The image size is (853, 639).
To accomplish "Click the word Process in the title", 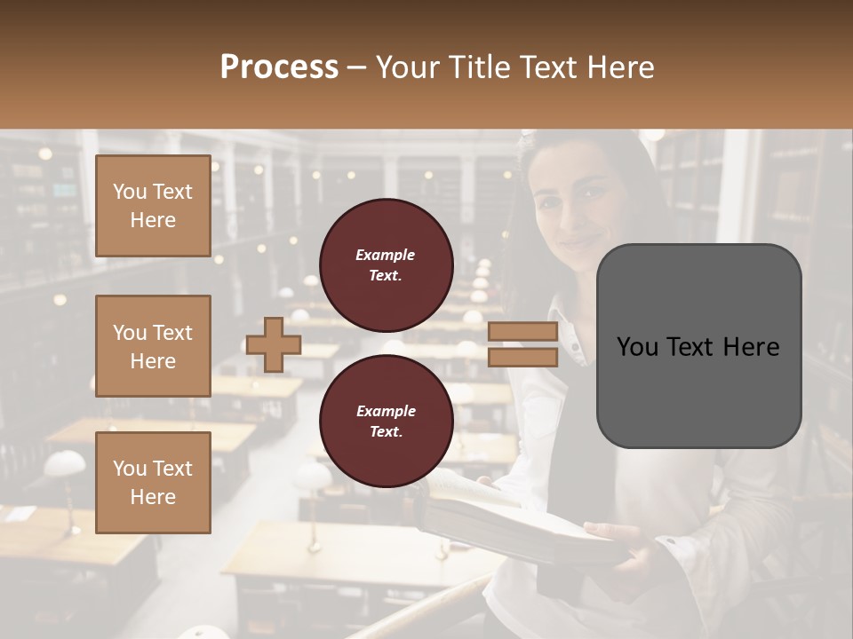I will coord(279,67).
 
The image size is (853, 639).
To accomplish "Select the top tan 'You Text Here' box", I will coord(153,206).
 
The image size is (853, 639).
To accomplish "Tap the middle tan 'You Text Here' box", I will coord(153,346).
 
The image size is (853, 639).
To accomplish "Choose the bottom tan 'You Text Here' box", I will coord(153,482).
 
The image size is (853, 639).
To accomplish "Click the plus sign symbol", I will coord(273,345).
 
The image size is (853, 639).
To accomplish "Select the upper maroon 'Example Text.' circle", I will coord(386,264).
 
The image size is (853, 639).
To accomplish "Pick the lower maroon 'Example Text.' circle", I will coord(386,421).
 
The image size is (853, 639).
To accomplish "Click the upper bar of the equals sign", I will coord(522,332).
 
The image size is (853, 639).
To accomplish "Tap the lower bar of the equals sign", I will coord(522,357).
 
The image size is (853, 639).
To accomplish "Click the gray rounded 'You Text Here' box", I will coord(698,346).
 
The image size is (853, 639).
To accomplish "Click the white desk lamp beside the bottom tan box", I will coord(64,465).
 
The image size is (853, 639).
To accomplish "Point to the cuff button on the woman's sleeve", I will coord(671,540).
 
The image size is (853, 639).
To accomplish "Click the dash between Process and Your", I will coord(357,68).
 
